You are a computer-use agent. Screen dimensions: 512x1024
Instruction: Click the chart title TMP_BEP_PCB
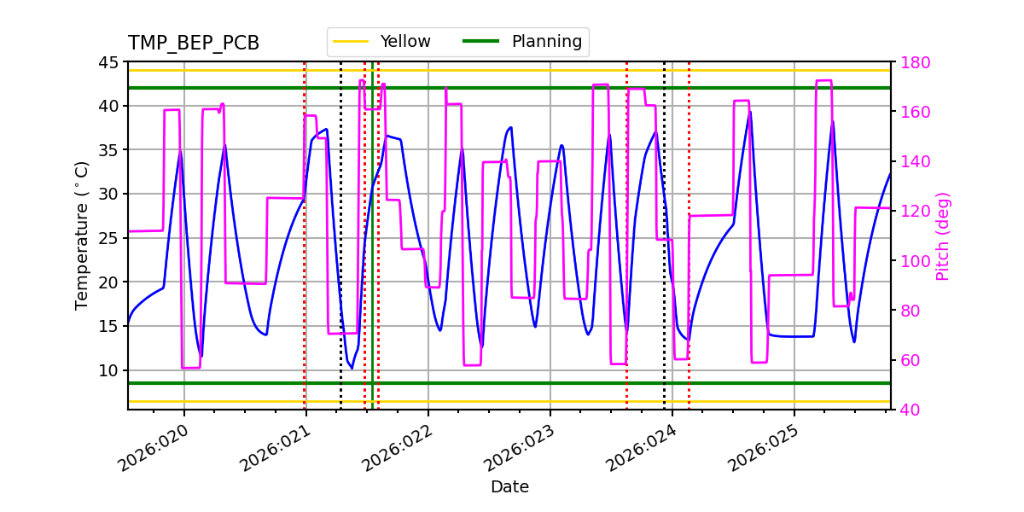[194, 44]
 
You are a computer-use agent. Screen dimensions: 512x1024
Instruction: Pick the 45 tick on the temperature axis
[108, 62]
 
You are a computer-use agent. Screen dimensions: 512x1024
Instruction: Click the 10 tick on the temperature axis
[108, 370]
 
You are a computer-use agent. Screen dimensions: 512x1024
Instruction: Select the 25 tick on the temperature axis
[108, 238]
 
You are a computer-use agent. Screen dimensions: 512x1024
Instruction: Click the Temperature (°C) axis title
[82, 236]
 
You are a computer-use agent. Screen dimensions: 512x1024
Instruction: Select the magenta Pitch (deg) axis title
[943, 236]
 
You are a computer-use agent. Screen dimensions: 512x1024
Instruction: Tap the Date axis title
[509, 487]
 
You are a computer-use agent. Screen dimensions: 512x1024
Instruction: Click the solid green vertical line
[372, 256]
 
